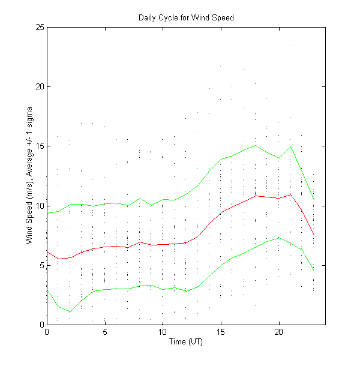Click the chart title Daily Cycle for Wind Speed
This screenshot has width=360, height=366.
click(x=185, y=17)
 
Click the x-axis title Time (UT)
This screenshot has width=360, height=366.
click(x=185, y=342)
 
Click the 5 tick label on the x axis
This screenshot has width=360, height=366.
click(x=105, y=332)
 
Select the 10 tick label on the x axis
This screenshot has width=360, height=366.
click(x=163, y=332)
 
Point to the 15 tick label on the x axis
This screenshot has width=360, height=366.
click(x=221, y=332)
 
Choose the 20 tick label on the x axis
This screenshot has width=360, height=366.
click(x=279, y=332)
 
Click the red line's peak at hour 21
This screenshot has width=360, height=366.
click(x=290, y=194)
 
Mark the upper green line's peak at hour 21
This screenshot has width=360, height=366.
click(x=290, y=146)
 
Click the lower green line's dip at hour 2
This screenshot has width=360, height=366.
click(x=70, y=311)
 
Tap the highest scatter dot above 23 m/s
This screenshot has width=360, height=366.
click(x=290, y=46)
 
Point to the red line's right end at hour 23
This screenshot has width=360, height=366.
click(x=314, y=235)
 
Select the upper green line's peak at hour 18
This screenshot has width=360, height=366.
click(x=256, y=145)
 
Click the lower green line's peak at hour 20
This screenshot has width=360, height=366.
click(x=279, y=237)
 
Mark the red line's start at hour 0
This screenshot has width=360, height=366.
click(x=47, y=251)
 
